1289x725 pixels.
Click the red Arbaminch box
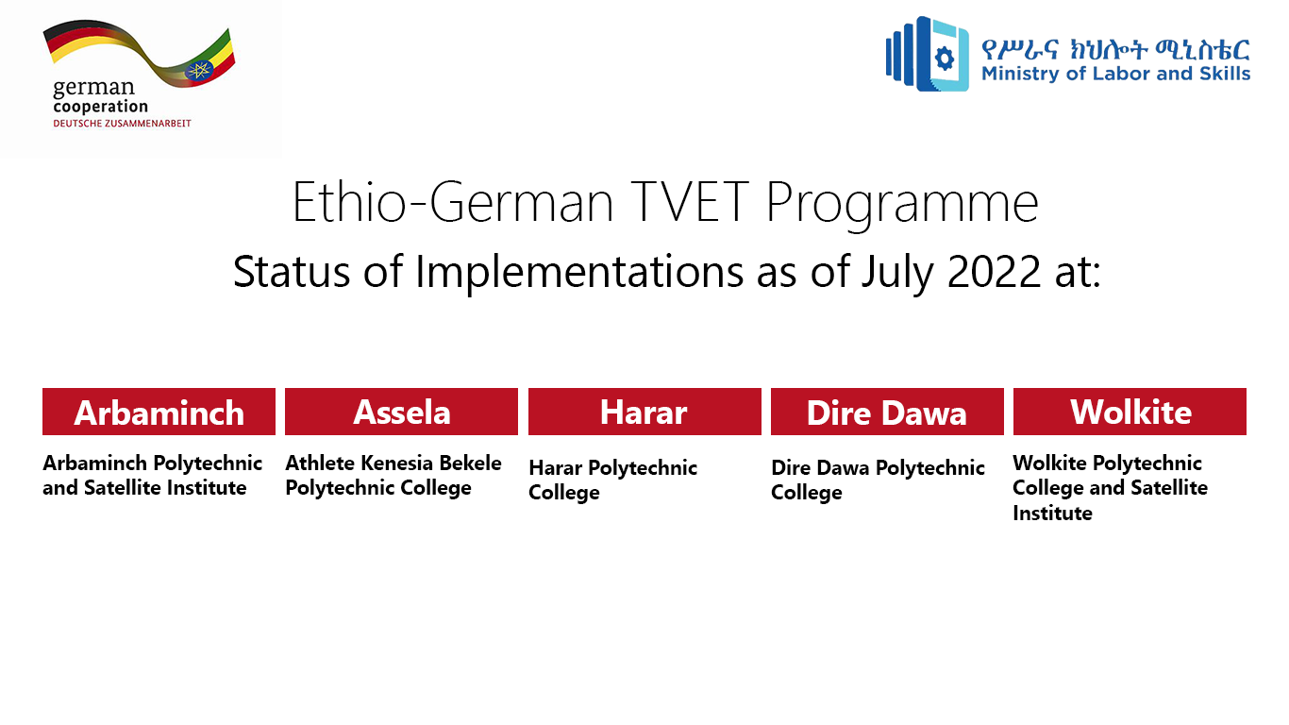pyautogui.click(x=159, y=412)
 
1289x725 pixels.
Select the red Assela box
pyautogui.click(x=401, y=412)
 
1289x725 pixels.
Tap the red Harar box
pyautogui.click(x=644, y=412)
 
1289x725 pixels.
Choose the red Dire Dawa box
pyautogui.click(x=887, y=412)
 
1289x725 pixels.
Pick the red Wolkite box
pyautogui.click(x=1130, y=412)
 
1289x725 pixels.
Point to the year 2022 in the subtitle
pyautogui.click(x=994, y=271)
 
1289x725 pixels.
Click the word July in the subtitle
pyautogui.click(x=897, y=274)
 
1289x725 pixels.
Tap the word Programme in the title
pyautogui.click(x=902, y=206)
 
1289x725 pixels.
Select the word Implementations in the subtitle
pyautogui.click(x=579, y=274)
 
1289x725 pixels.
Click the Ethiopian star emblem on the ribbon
pyautogui.click(x=200, y=71)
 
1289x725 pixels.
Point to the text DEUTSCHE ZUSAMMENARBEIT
pyautogui.click(x=122, y=124)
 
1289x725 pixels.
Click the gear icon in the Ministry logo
pyautogui.click(x=944, y=59)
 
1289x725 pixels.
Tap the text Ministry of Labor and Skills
pyautogui.click(x=1115, y=74)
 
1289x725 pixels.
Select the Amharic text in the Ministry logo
pyautogui.click(x=1115, y=49)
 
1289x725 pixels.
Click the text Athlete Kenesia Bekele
pyautogui.click(x=393, y=463)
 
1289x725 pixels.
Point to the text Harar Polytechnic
pyautogui.click(x=612, y=468)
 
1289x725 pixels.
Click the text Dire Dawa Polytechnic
pyautogui.click(x=878, y=468)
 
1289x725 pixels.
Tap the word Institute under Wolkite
pyautogui.click(x=1052, y=514)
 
